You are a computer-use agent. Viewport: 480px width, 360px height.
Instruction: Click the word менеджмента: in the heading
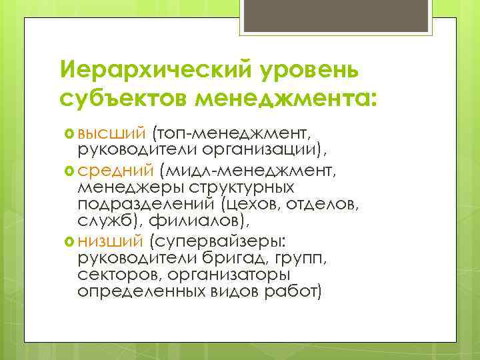[285, 99]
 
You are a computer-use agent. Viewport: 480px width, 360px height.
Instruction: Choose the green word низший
[107, 240]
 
